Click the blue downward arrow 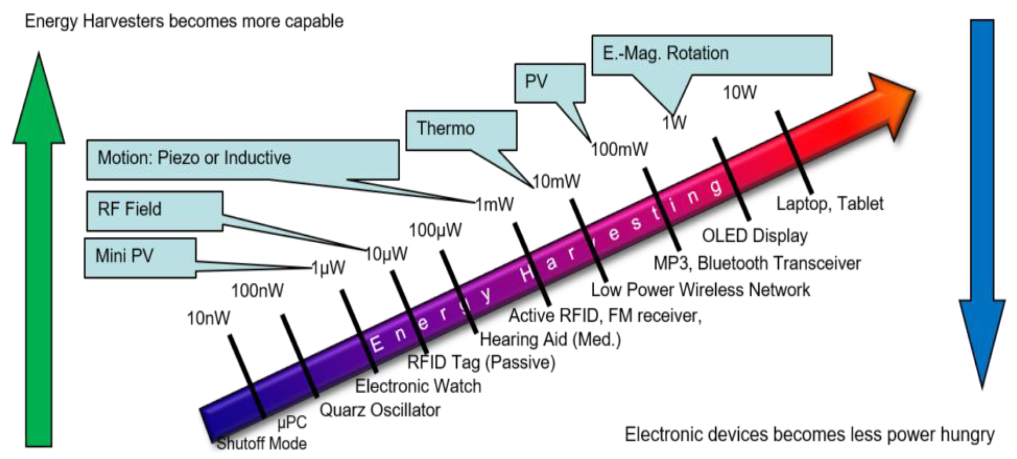point(982,197)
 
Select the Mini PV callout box point(140,257)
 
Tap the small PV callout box point(549,82)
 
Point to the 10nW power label point(208,318)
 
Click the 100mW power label point(619,150)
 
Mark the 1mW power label point(494,204)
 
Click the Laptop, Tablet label point(829,204)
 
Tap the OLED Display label point(754,236)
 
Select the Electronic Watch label point(418,386)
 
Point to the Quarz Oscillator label point(379,410)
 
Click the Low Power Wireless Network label point(700,290)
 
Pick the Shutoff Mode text point(262,443)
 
